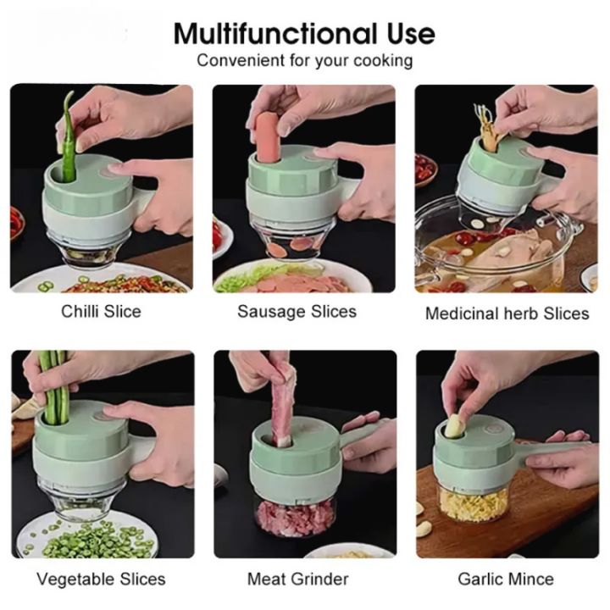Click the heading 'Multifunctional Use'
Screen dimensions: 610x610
[304, 33]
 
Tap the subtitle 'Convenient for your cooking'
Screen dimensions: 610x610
[305, 61]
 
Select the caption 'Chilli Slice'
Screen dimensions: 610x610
[101, 311]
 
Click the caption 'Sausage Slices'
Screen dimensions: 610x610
[297, 311]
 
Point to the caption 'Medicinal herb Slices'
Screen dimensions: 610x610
[507, 313]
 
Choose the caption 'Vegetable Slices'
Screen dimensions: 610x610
[101, 579]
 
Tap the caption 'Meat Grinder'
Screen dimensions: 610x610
[298, 579]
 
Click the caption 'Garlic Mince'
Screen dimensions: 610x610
[506, 579]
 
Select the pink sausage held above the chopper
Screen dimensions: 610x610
[268, 137]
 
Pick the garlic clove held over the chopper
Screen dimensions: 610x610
[453, 425]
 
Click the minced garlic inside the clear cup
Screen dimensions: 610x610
[473, 505]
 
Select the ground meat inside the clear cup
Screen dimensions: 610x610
[295, 518]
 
